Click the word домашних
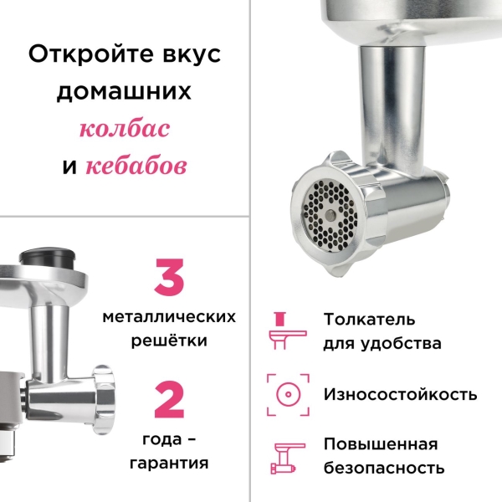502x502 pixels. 125,91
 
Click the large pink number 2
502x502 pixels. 169,400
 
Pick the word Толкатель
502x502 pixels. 369,319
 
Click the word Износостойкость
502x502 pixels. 400,394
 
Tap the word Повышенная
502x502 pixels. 380,443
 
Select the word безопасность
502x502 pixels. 384,469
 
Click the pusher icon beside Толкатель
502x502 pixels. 283,330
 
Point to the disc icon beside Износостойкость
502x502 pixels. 283,394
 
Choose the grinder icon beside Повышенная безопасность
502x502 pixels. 283,457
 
